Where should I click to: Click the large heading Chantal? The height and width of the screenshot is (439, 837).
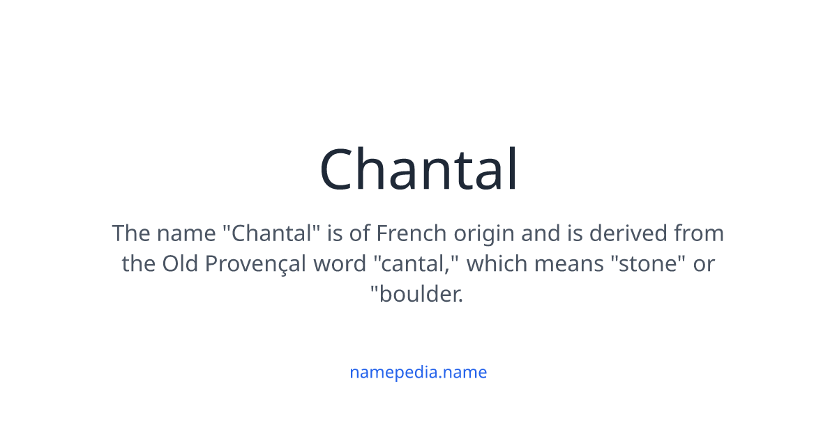click(x=418, y=170)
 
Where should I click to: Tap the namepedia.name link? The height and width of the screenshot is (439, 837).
click(x=418, y=372)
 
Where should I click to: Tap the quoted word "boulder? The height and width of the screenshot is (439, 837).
click(x=416, y=295)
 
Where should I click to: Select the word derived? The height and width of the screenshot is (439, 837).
click(x=628, y=233)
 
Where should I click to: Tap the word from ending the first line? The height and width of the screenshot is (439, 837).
click(x=699, y=233)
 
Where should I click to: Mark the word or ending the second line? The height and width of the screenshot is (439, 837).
click(x=704, y=264)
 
